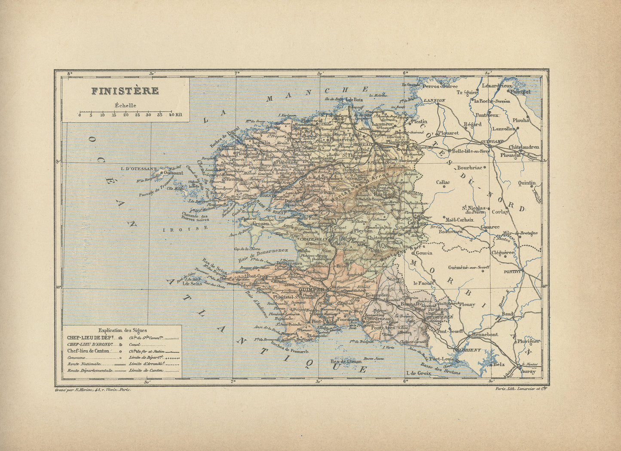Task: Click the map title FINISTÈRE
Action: pos(125,91)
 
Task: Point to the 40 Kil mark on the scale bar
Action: pos(175,115)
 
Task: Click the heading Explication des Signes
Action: pos(122,330)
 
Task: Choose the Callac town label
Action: pos(443,182)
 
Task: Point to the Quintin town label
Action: pos(527,183)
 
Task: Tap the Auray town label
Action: pos(528,372)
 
